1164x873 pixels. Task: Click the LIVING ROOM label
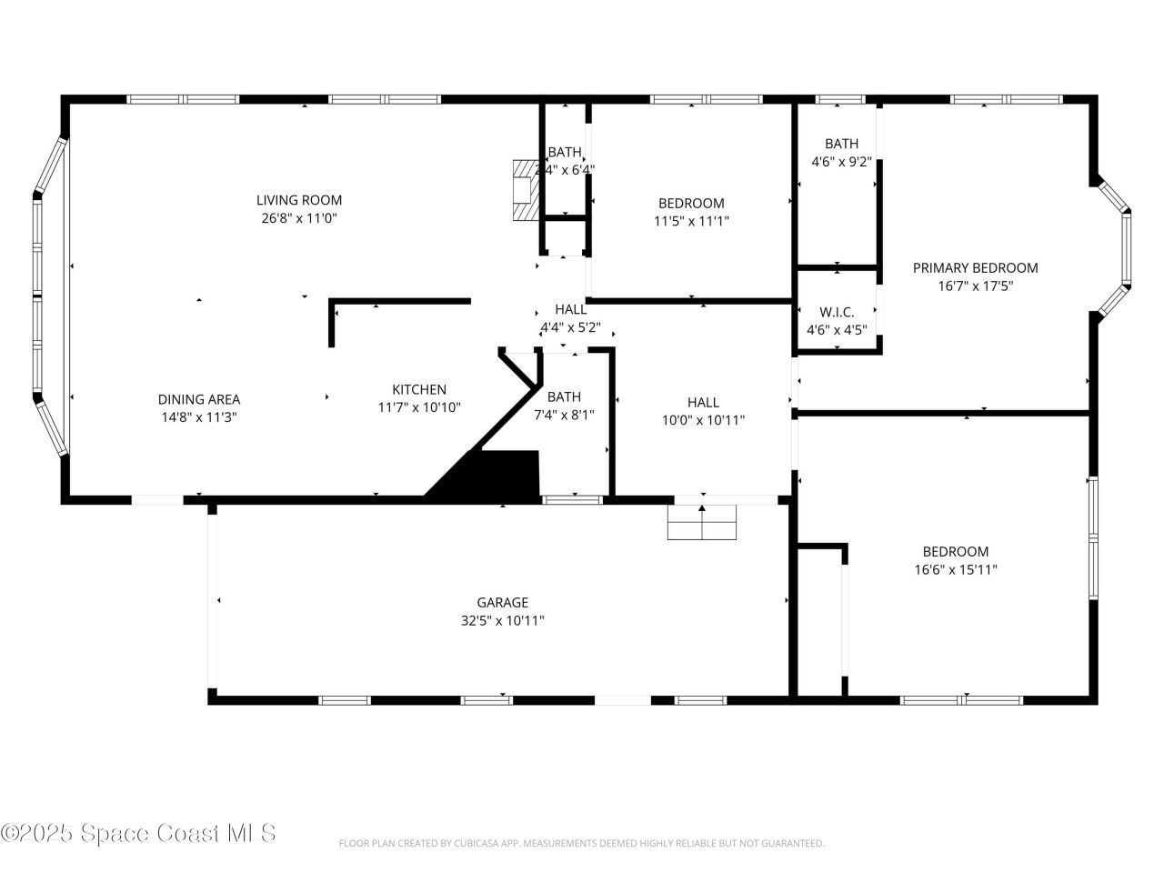coord(298,200)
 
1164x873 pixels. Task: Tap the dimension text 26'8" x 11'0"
coord(298,218)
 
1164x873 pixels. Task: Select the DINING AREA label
coord(198,399)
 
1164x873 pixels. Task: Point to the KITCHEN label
coord(419,389)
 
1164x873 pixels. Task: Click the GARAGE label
coord(502,602)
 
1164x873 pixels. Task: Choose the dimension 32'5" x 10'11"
coord(502,620)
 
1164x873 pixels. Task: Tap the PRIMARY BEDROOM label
coord(975,267)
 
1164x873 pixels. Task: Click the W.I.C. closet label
coord(837,312)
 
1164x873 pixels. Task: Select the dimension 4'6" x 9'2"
coord(841,162)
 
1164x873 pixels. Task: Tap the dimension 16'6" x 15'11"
coord(955,570)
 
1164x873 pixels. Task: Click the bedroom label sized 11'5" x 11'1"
coord(691,203)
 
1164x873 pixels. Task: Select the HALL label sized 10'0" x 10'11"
coord(703,402)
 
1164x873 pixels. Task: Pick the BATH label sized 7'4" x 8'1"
coord(564,396)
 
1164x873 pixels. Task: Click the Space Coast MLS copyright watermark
coord(138,832)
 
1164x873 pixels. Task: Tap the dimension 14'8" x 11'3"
coord(198,417)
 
